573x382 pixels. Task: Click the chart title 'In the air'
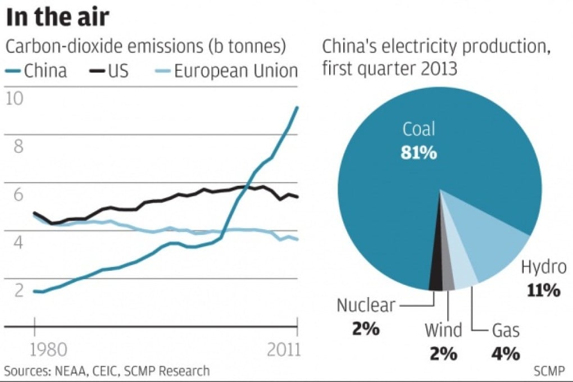57,18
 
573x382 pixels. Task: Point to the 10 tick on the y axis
15,99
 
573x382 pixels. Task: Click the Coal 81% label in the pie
419,140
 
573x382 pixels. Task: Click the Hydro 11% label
542,278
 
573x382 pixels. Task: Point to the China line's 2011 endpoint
297,107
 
